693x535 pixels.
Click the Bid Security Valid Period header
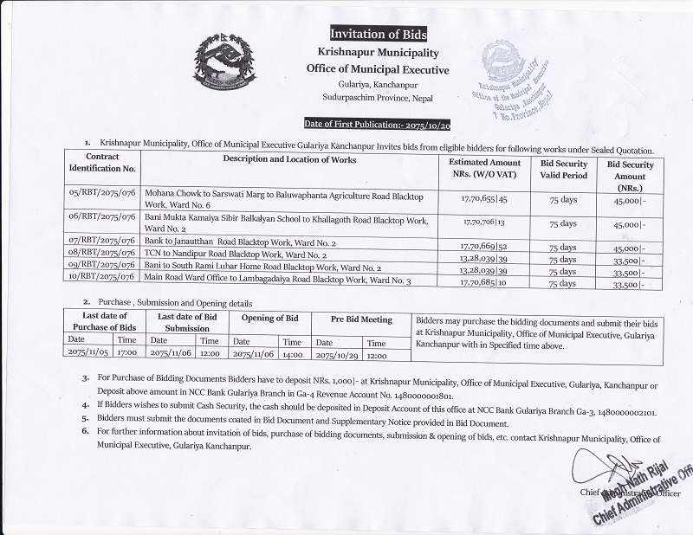click(563, 168)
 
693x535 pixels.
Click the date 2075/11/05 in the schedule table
click(90, 354)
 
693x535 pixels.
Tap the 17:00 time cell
click(129, 354)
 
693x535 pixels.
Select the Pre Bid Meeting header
click(363, 319)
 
